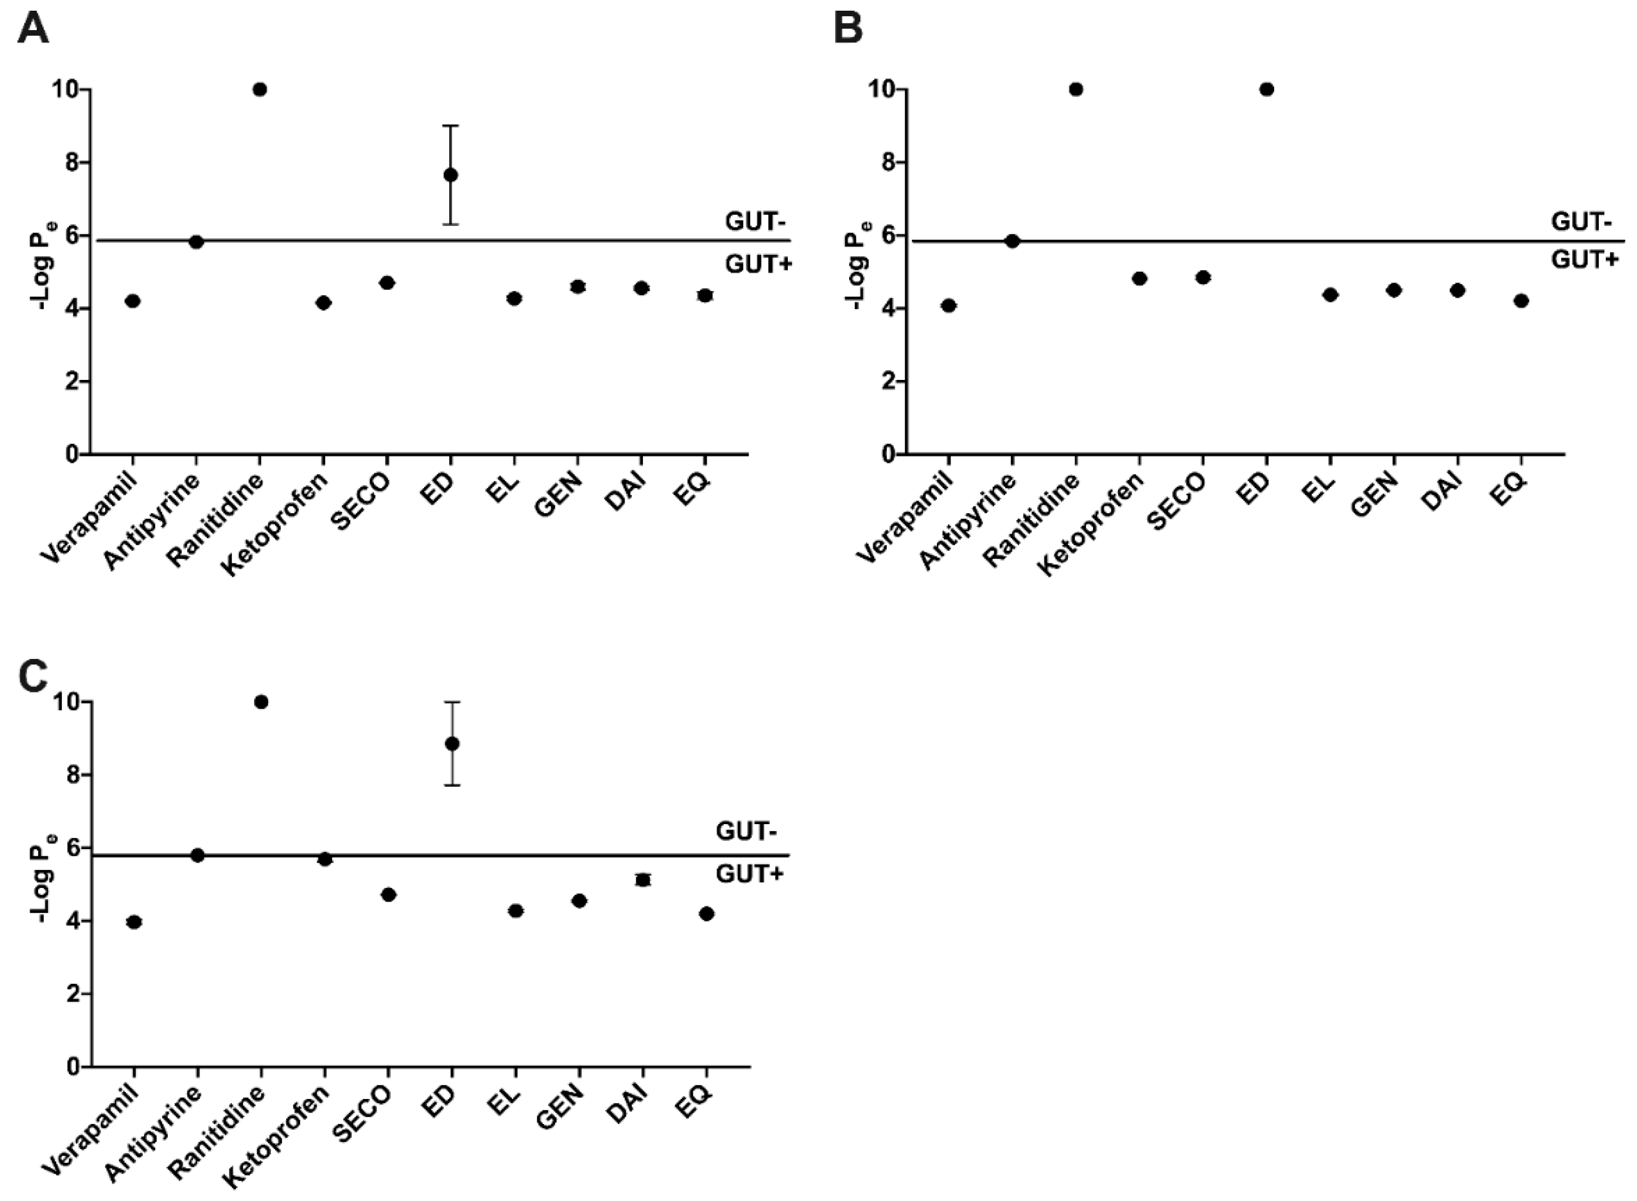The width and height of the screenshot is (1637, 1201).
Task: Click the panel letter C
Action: pos(33,677)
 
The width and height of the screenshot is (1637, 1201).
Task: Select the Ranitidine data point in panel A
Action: pos(260,89)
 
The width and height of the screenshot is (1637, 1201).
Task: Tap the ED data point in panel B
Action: pos(1267,89)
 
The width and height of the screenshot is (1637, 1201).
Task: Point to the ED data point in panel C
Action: pos(452,744)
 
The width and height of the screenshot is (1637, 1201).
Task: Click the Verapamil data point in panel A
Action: pos(132,301)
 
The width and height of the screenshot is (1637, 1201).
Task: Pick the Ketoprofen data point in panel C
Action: pos(325,859)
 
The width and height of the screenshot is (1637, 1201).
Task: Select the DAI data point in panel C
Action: pos(642,880)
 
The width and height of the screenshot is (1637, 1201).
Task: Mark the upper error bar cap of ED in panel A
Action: pos(451,126)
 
